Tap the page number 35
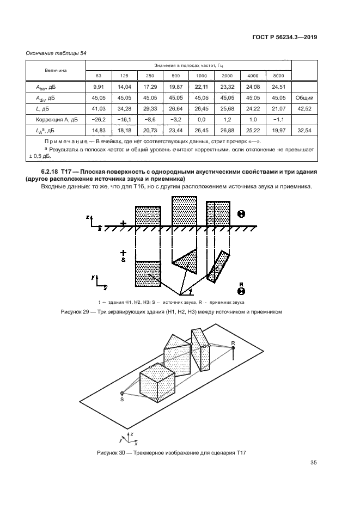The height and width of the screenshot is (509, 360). point(313,463)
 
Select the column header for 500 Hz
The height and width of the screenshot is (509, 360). point(175,75)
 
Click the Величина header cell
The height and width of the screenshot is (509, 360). point(56,70)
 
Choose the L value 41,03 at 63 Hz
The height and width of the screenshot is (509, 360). point(99,108)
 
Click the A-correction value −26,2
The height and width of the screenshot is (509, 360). point(99,119)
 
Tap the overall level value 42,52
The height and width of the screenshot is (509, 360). point(304,108)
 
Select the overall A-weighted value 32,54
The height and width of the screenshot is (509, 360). point(304,131)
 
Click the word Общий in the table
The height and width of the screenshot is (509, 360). point(304,97)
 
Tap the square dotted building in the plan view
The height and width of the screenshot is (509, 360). point(148,274)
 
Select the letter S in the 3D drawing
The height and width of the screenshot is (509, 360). point(121,399)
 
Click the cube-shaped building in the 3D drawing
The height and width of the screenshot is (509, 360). point(157,384)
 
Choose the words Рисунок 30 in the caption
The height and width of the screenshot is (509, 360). point(111,453)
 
